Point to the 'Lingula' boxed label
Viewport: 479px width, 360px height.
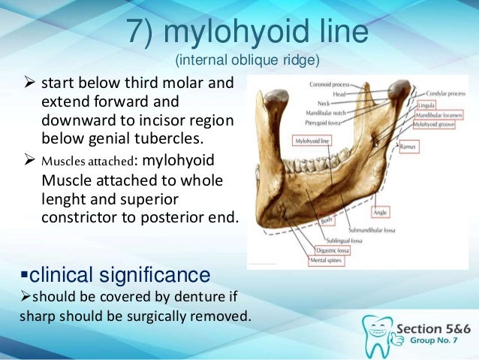[x=427, y=106]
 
